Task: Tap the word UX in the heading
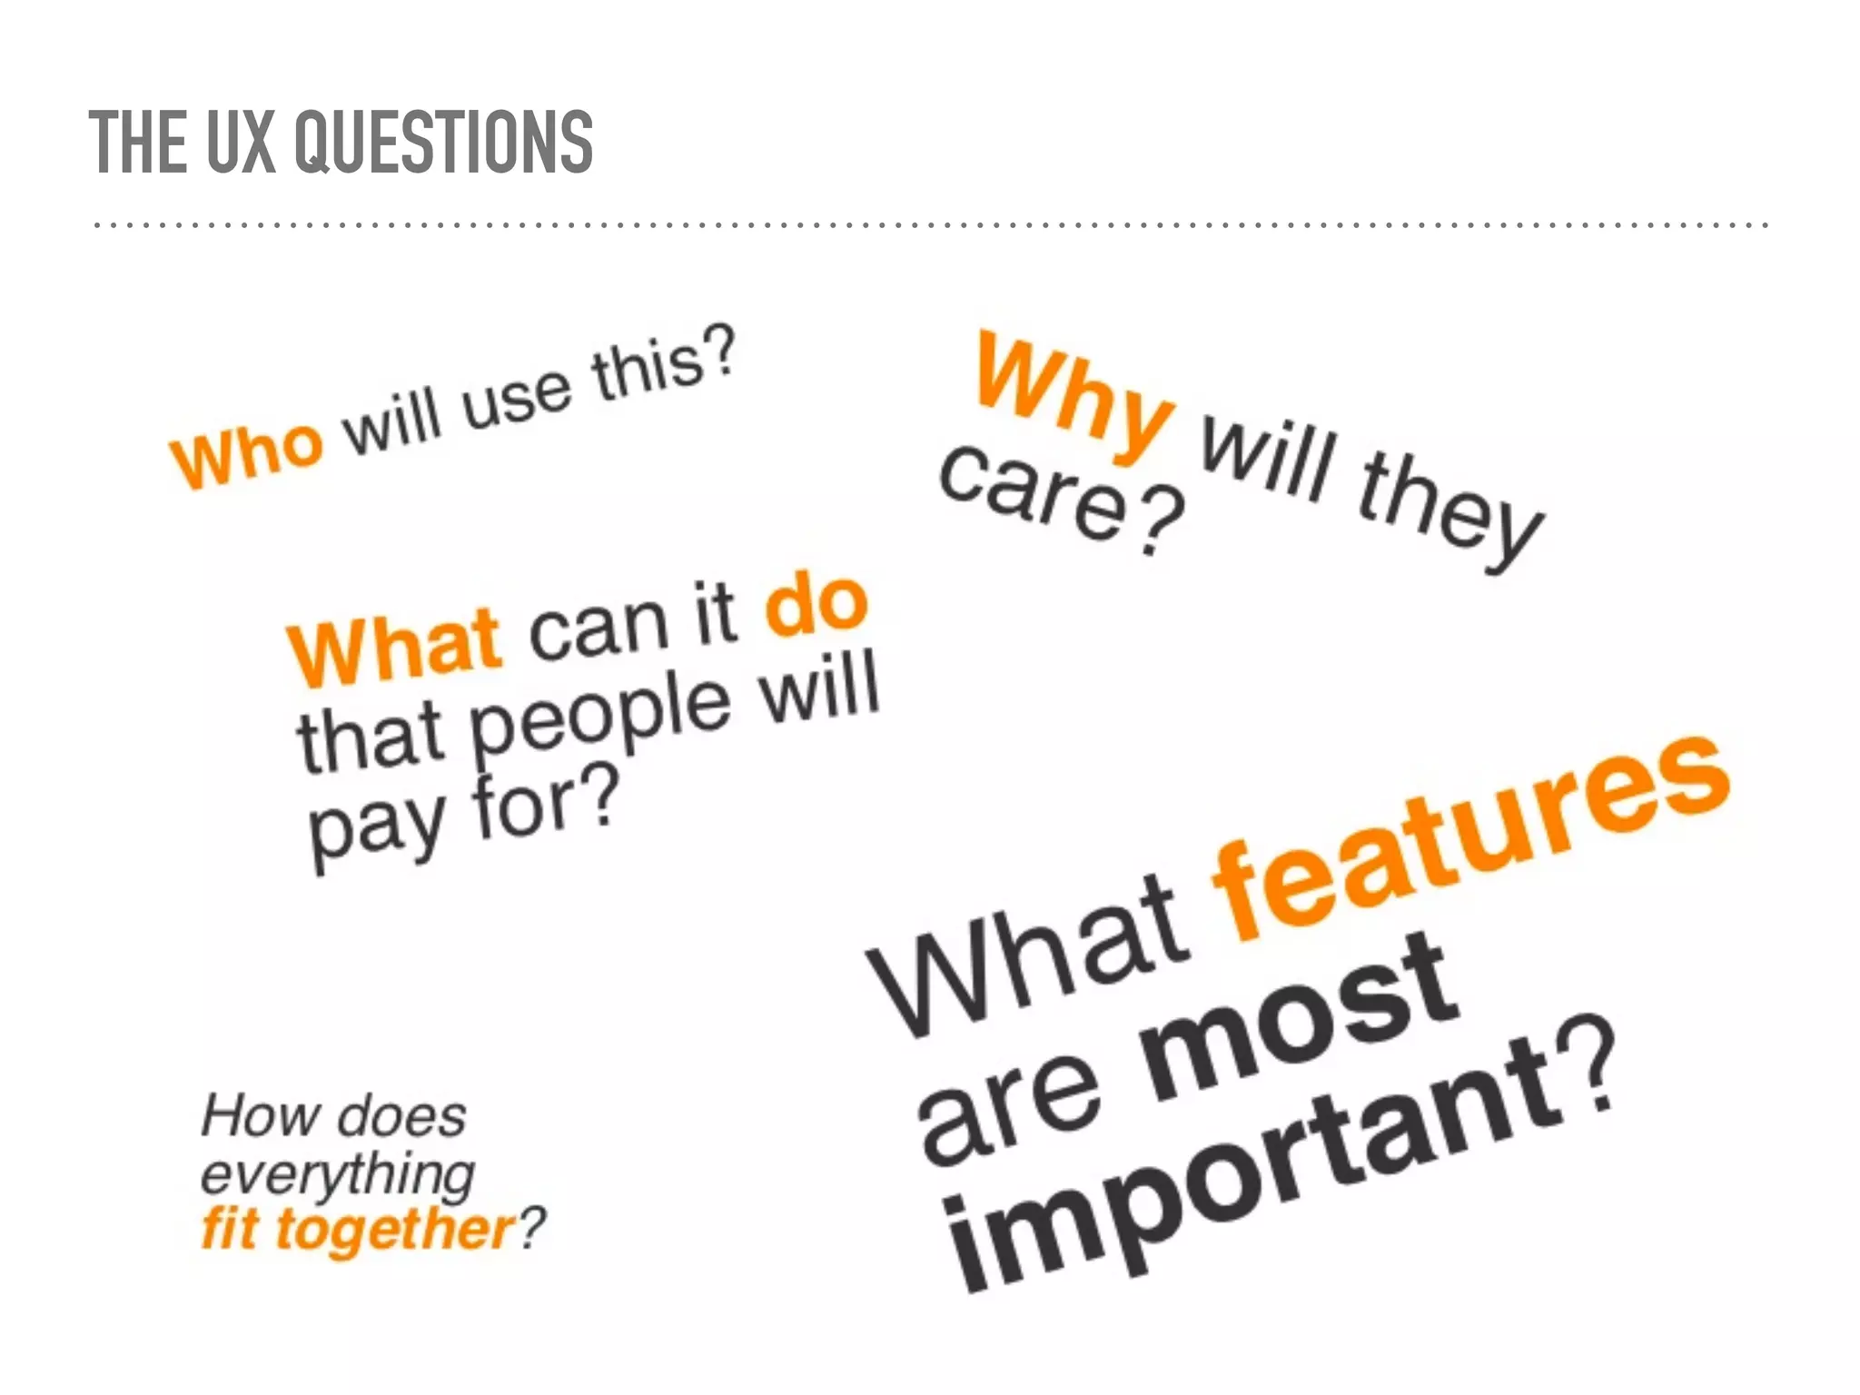tap(240, 142)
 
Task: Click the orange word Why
tap(1072, 398)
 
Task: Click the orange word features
tap(1470, 836)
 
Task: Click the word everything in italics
tap(337, 1174)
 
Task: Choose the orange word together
tap(395, 1232)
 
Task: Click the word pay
tap(377, 826)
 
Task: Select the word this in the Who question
tap(648, 369)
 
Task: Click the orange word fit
tap(229, 1230)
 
